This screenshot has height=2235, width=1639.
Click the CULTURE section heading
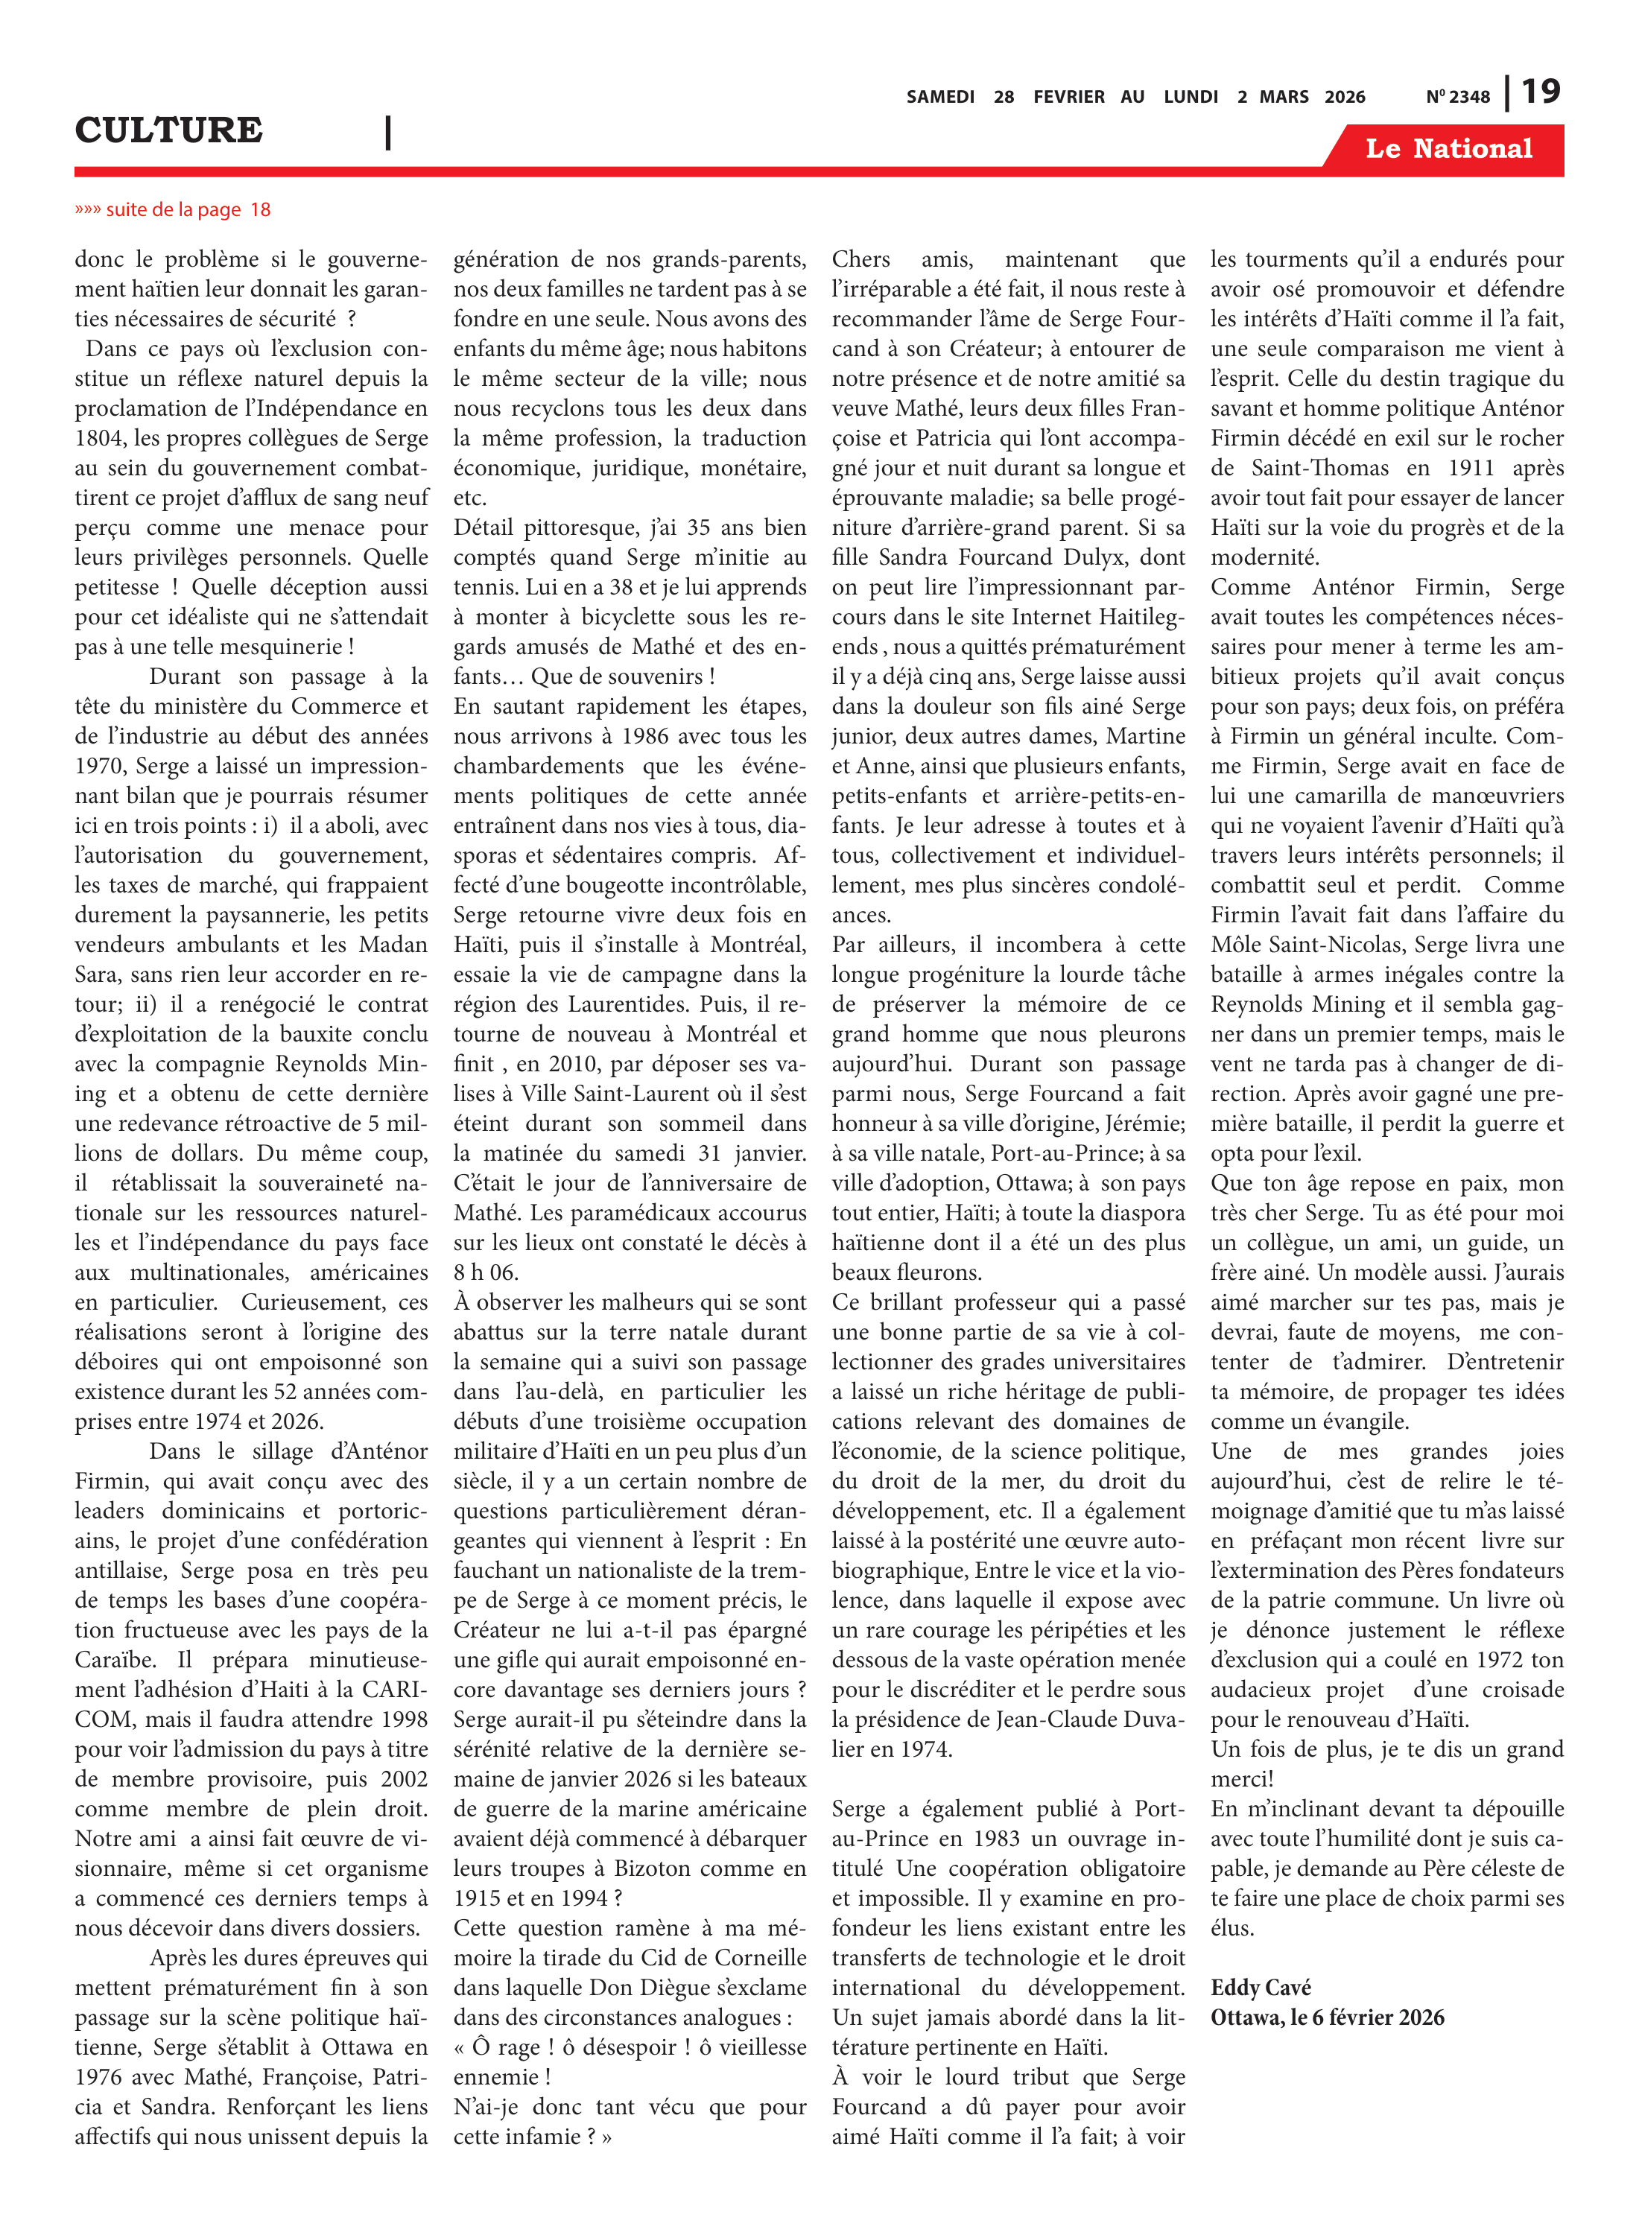(x=168, y=130)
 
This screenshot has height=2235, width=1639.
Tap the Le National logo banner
(x=1448, y=149)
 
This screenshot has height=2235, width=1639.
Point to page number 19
(x=1541, y=92)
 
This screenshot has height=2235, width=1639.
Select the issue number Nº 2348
(x=1457, y=97)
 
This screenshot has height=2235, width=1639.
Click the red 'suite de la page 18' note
(x=173, y=209)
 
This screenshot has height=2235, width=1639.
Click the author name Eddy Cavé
(x=1260, y=1987)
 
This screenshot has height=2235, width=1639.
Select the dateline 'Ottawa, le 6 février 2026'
(x=1327, y=2017)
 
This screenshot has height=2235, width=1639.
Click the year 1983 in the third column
(x=995, y=1838)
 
